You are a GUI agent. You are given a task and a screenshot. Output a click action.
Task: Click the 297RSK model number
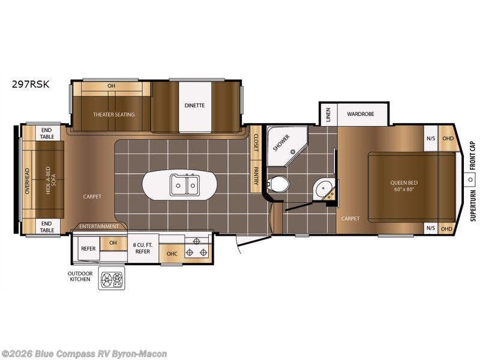[x=31, y=84]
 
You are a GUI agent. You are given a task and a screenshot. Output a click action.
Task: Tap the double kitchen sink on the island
[x=184, y=185]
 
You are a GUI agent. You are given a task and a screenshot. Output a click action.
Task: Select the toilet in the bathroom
[x=278, y=184]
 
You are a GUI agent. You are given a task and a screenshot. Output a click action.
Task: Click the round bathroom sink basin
[x=322, y=187]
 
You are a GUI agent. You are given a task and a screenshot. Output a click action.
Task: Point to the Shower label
[x=281, y=143]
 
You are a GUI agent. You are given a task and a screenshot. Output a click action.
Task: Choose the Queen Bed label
[x=404, y=186]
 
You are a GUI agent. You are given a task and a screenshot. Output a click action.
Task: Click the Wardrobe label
[x=361, y=114]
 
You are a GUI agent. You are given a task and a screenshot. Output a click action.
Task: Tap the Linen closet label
[x=328, y=115]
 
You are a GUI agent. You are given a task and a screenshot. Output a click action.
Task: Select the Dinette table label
[x=194, y=106]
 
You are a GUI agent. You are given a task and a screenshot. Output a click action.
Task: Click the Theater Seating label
[x=114, y=115]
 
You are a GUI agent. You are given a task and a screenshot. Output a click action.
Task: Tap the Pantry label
[x=256, y=176]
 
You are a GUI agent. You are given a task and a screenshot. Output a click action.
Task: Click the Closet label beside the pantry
[x=256, y=143]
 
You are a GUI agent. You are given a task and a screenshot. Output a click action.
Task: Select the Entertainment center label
[x=99, y=226]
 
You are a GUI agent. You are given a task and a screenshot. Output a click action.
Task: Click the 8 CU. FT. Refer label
[x=143, y=248]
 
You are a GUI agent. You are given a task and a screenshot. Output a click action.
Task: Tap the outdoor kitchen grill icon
[x=112, y=278]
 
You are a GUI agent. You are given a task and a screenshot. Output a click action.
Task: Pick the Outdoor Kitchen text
[x=80, y=276]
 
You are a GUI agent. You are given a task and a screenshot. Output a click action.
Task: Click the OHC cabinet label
[x=172, y=254]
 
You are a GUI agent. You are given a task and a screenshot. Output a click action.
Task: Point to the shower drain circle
[x=293, y=151]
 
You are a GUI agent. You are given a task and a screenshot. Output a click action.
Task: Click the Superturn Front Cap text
[x=473, y=181]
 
